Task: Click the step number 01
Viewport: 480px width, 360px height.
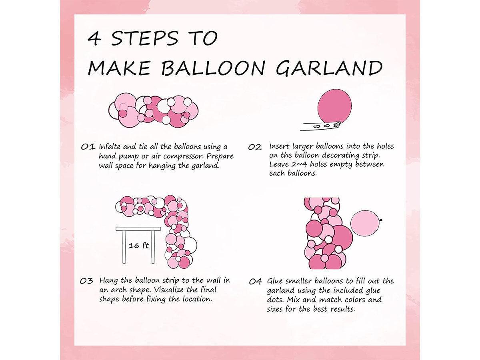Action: pos(88,146)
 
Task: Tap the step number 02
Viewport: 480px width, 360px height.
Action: pos(254,147)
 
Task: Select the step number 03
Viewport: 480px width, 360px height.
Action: pos(87,281)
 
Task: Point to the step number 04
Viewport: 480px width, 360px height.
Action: pos(255,282)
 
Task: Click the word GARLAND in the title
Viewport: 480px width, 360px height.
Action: pos(329,68)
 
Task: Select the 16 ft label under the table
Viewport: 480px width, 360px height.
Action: pos(138,246)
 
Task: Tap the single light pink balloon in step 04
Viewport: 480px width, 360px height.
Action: pos(365,225)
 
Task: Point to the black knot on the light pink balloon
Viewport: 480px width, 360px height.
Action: pos(380,219)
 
